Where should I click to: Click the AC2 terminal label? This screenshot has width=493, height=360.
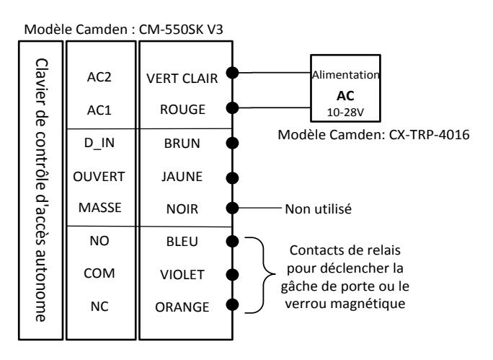coord(99,77)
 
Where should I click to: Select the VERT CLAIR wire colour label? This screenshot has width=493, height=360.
coord(182,79)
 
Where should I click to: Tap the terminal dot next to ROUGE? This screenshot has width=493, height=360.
coord(232,108)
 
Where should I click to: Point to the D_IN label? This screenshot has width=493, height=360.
coord(99,143)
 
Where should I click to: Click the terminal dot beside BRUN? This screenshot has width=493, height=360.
coord(232,143)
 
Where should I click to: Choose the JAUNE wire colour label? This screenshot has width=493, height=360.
coord(182,177)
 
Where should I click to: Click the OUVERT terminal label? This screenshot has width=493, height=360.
coord(99,177)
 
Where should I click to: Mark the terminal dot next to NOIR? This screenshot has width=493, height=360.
coord(232,208)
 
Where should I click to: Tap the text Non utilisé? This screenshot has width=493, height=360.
coord(318,209)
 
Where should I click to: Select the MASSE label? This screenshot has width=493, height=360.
coord(100,208)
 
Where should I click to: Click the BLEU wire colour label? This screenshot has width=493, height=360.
coord(182,242)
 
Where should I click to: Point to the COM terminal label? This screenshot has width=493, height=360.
coord(99,273)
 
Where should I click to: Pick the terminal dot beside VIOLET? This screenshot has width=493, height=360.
coord(232,274)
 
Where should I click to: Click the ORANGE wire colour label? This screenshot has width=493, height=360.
coord(182,307)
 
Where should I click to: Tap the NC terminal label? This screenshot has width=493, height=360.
coord(99,307)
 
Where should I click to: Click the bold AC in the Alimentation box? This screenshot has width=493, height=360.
coord(345,96)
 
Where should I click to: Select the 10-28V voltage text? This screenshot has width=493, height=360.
coord(345,113)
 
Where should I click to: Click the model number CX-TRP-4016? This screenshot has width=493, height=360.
coord(429,135)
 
